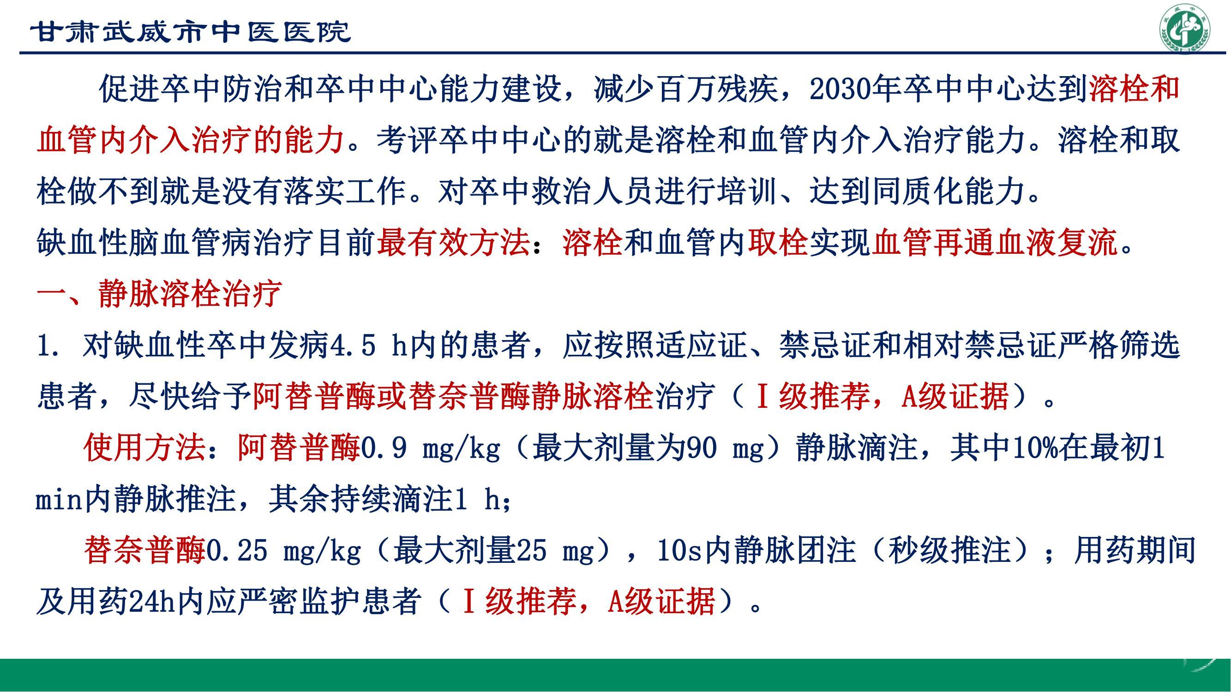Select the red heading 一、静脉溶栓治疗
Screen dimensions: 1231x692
point(159,294)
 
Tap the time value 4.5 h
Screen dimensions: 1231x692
point(369,345)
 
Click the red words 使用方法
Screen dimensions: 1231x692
point(144,448)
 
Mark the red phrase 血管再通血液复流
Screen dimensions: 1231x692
point(995,243)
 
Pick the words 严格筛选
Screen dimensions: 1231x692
point(1119,345)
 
